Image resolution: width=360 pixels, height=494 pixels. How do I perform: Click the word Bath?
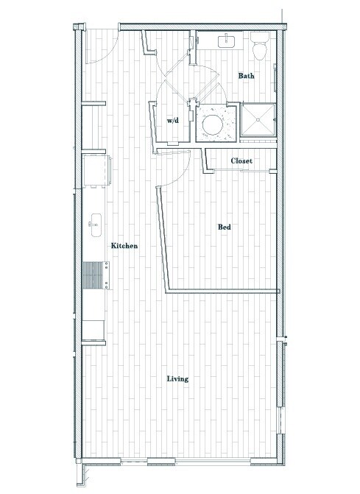[x=247, y=76]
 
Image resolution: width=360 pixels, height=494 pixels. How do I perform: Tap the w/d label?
[x=173, y=120]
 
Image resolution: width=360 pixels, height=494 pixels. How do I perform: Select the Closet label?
[x=241, y=160]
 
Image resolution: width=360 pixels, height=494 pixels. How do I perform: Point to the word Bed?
[x=225, y=227]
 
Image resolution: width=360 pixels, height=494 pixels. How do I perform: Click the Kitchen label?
[x=124, y=246]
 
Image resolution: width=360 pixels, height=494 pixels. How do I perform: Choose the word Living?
[x=177, y=379]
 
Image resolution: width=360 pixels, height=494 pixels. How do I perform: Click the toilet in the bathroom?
[x=259, y=48]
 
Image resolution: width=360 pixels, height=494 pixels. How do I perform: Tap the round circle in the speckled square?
[x=214, y=122]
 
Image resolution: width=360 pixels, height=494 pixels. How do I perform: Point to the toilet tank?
[x=259, y=37]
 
